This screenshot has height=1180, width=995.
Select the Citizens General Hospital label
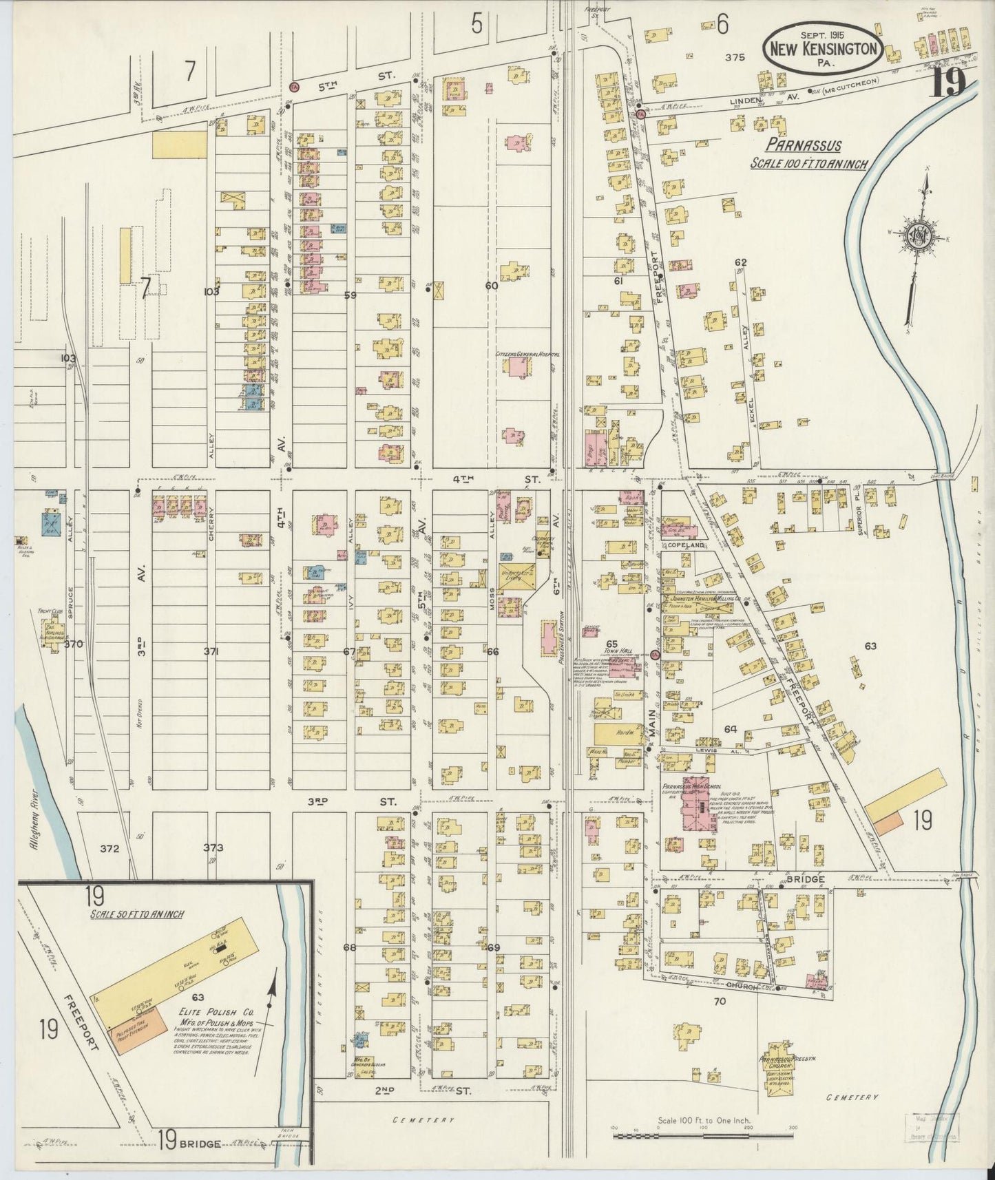click(527, 355)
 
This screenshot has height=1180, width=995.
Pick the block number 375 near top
click(735, 59)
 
